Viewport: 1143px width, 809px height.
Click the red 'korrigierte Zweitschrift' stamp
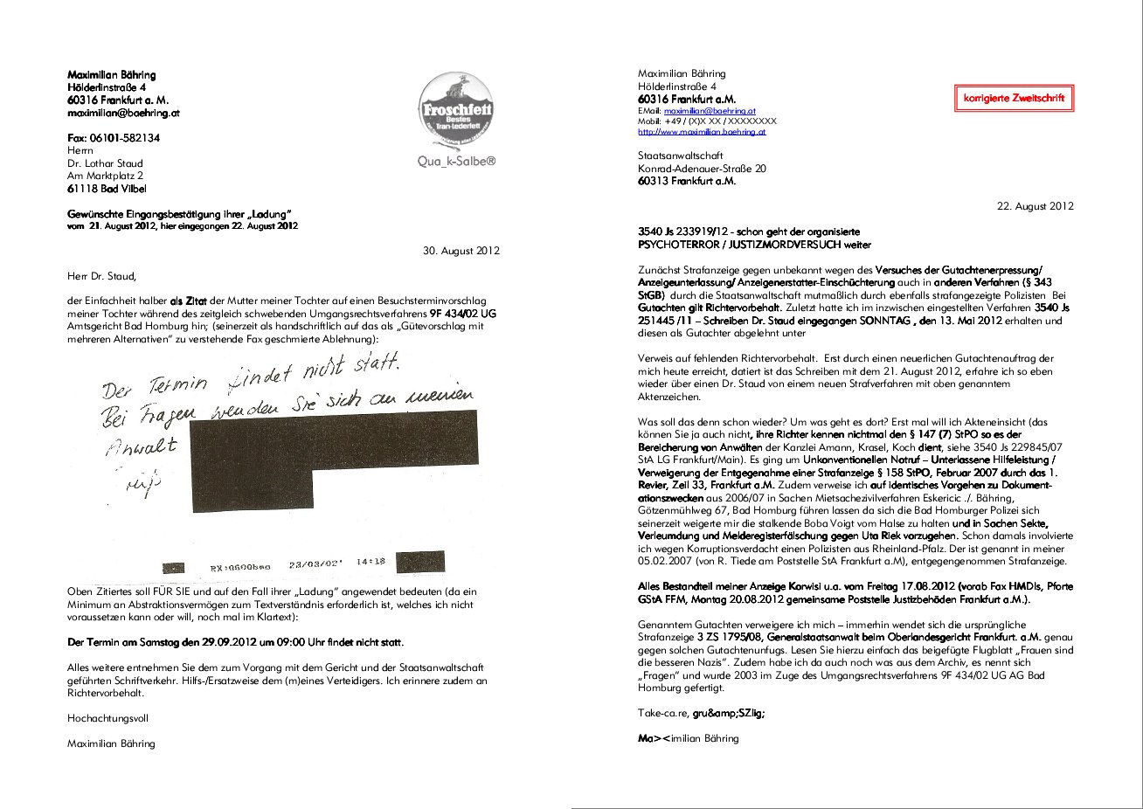1014,98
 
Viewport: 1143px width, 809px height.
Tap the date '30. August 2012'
461,251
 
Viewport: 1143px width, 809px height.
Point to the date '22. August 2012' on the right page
1035,206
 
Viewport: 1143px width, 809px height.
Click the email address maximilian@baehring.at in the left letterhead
124,113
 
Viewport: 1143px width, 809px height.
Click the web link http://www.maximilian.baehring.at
702,132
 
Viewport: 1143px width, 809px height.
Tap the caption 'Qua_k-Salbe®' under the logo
456,162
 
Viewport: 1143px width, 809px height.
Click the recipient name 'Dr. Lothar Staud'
105,163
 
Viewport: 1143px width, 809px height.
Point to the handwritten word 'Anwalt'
142,446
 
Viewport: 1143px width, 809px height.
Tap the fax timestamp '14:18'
371,562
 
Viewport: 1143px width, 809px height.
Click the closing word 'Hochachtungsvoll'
107,718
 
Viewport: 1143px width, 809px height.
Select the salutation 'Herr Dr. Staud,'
102,276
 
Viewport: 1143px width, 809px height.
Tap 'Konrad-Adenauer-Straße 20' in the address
702,169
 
